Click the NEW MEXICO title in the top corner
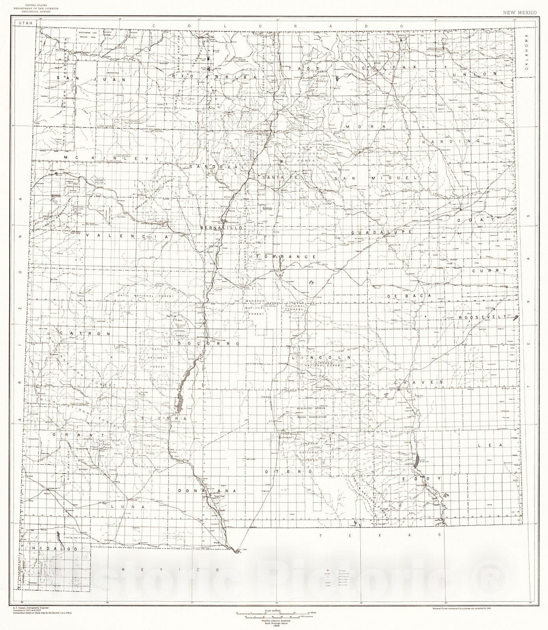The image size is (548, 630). tap(519, 13)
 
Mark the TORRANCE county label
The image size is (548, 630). tap(286, 256)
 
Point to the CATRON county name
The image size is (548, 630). tap(85, 333)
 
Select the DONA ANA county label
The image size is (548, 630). tap(207, 491)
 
